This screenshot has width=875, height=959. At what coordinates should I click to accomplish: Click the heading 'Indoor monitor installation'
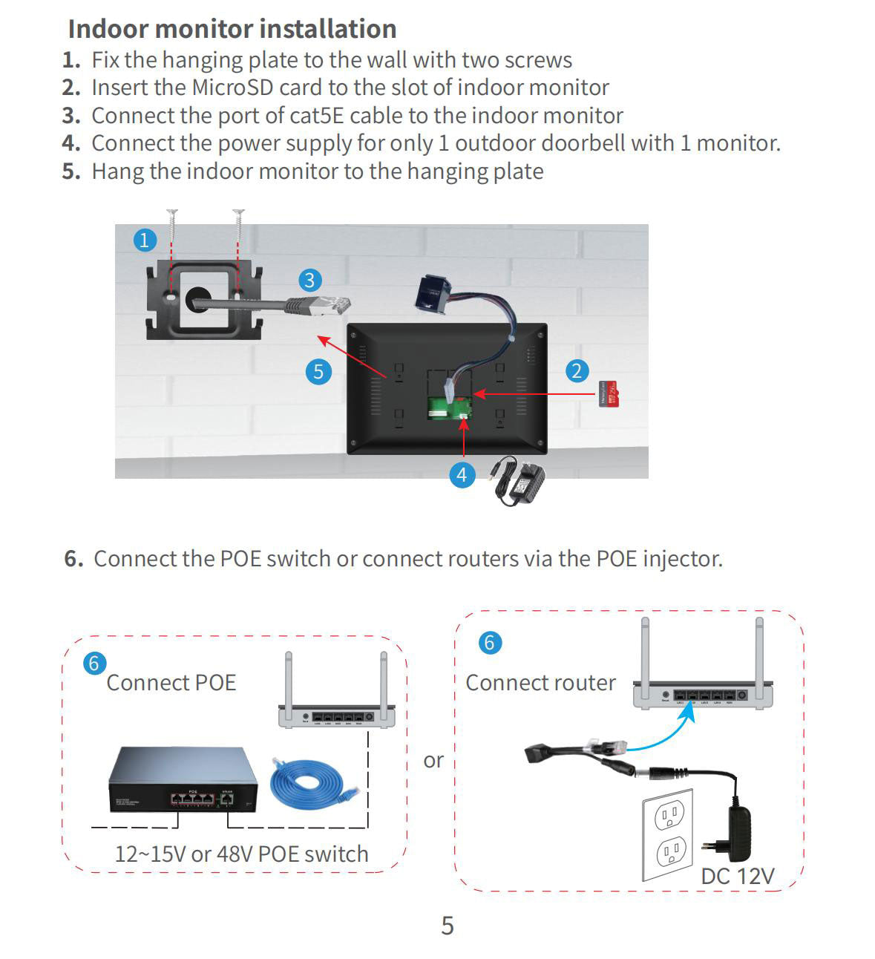tap(232, 29)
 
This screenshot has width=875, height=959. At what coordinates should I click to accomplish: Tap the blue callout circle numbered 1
tap(144, 240)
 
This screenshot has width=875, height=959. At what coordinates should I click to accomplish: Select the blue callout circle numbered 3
tap(309, 280)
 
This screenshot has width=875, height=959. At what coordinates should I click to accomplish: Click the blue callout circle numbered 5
tap(318, 370)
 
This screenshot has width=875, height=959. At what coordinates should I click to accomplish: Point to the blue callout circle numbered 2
tap(577, 370)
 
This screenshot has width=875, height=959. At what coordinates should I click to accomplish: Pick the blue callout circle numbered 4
tap(462, 474)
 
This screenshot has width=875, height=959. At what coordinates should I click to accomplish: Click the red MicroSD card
tap(609, 393)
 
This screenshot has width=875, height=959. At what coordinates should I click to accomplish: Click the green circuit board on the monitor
tap(449, 408)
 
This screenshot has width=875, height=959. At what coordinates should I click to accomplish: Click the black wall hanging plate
tap(204, 300)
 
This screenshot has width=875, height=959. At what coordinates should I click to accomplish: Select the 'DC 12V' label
tap(737, 876)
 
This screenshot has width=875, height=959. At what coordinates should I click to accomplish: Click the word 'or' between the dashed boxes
tap(433, 760)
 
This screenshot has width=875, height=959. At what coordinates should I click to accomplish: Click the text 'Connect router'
tap(540, 682)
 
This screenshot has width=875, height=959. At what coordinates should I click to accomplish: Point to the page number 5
tap(447, 925)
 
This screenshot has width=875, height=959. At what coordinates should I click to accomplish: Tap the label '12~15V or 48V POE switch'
tap(241, 854)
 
